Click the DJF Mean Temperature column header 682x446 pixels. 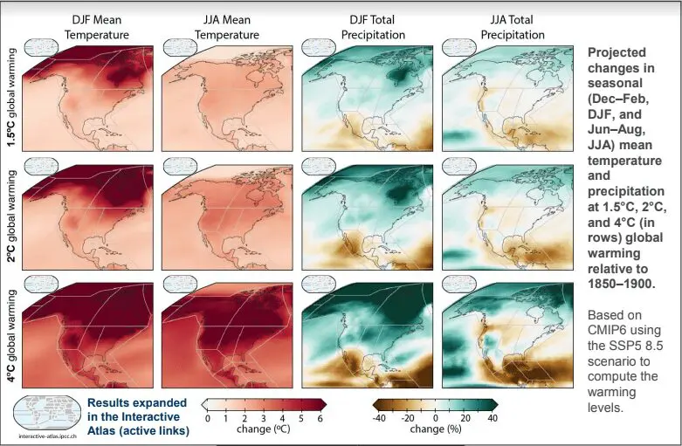pyautogui.click(x=97, y=27)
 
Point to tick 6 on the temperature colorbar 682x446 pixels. pyautogui.click(x=320, y=419)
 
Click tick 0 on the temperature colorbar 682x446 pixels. pyautogui.click(x=208, y=419)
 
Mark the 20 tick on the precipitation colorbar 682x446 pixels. pyautogui.click(x=465, y=419)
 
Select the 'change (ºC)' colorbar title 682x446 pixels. pyautogui.click(x=265, y=430)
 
